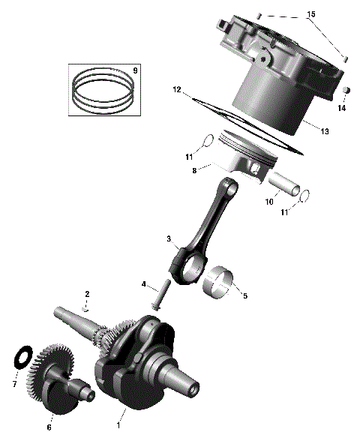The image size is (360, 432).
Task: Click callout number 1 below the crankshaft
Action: click(x=118, y=424)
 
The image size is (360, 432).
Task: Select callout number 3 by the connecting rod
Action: click(x=170, y=240)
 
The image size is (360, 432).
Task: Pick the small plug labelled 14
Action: click(x=346, y=91)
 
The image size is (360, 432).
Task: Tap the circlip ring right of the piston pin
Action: click(x=305, y=197)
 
